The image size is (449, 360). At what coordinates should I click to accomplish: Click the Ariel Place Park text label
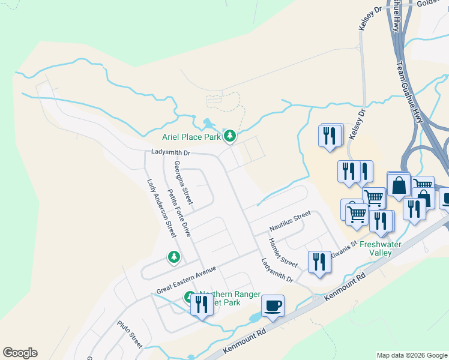point(191,137)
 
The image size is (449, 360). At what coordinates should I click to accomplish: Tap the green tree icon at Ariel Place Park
point(229,136)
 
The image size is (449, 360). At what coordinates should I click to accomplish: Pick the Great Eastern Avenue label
point(185,280)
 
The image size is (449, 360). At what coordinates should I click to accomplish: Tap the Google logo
point(20,353)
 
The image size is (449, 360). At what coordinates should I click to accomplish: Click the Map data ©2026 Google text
point(411,355)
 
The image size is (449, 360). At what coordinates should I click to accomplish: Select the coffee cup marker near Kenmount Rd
point(273,307)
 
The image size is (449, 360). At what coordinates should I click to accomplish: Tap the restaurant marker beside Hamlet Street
point(319,262)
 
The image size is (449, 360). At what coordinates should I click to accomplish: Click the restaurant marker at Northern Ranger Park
point(200,305)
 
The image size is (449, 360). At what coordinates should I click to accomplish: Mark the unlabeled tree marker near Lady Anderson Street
point(174,257)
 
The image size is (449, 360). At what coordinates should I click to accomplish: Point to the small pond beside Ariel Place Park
point(208,124)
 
